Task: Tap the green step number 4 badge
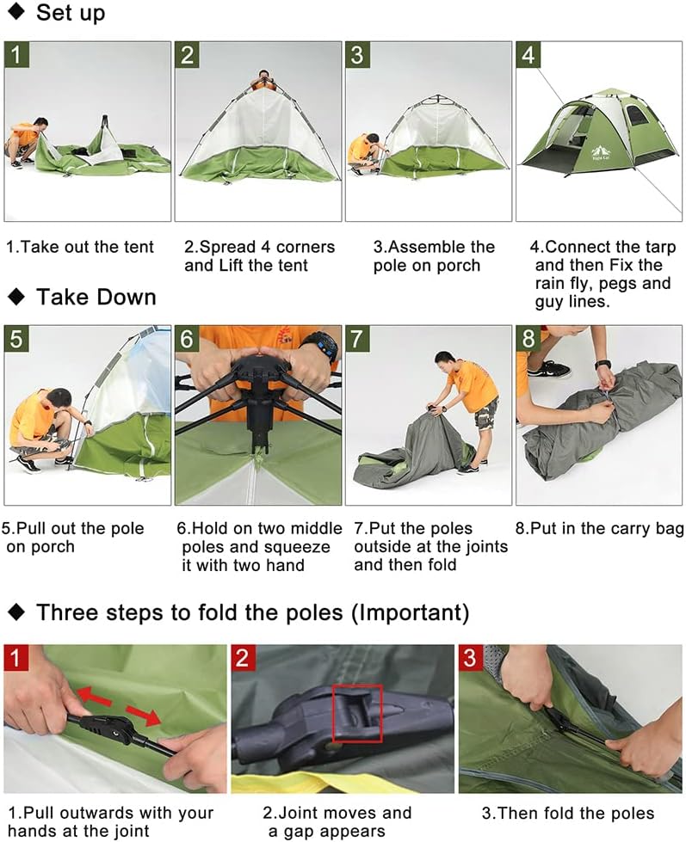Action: pyautogui.click(x=528, y=55)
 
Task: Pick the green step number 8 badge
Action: pyautogui.click(x=528, y=339)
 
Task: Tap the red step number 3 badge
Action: pyautogui.click(x=471, y=658)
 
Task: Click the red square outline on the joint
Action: pyautogui.click(x=356, y=710)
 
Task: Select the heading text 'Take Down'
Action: pyautogui.click(x=96, y=298)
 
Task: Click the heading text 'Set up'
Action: pyautogui.click(x=71, y=14)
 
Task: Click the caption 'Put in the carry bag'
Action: pyautogui.click(x=599, y=528)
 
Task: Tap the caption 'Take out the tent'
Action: pyautogui.click(x=80, y=247)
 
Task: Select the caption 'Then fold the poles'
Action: pyautogui.click(x=568, y=813)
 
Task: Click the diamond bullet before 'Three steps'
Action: pyautogui.click(x=16, y=612)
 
